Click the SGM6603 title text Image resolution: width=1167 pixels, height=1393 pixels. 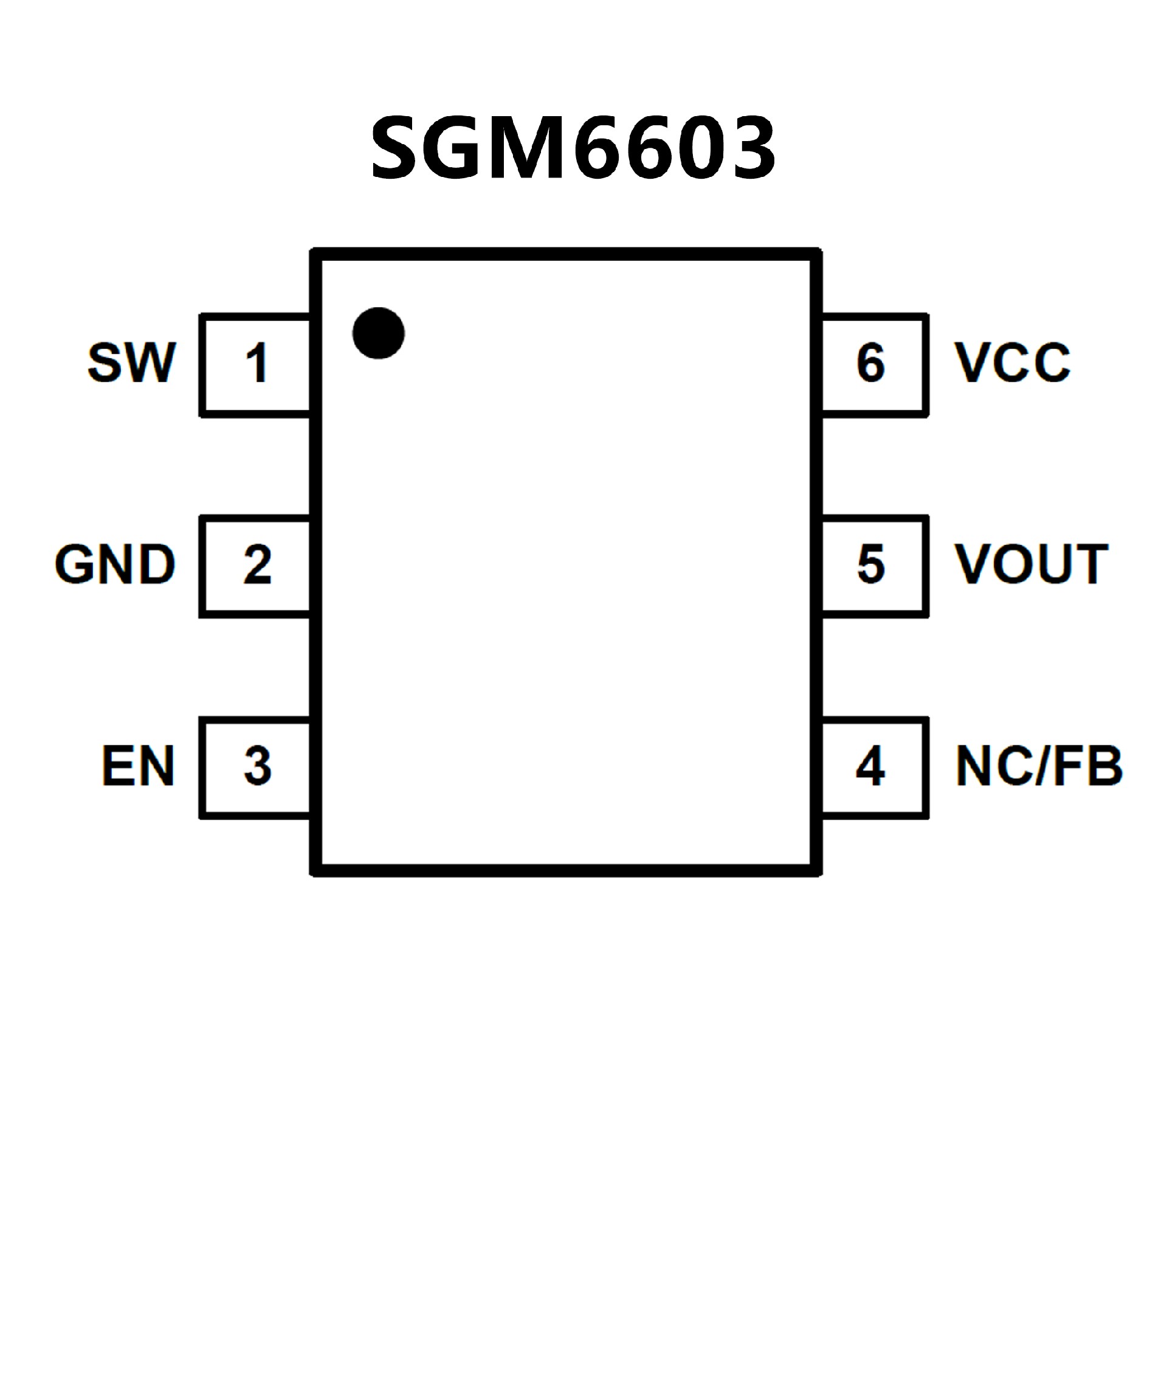[x=573, y=147]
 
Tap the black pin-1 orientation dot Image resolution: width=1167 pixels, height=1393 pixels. [x=378, y=333]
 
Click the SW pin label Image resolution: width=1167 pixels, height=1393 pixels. [x=131, y=362]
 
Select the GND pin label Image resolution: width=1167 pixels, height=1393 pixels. [x=115, y=564]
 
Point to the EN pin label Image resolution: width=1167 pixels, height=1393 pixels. [x=137, y=766]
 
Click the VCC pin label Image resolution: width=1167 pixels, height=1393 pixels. [x=1012, y=362]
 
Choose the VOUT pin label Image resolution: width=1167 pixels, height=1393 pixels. [x=1030, y=564]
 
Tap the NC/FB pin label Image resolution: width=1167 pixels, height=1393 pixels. [x=1038, y=766]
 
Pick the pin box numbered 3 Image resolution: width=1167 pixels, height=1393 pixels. [x=256, y=767]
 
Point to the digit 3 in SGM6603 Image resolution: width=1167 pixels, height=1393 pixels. [x=749, y=147]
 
